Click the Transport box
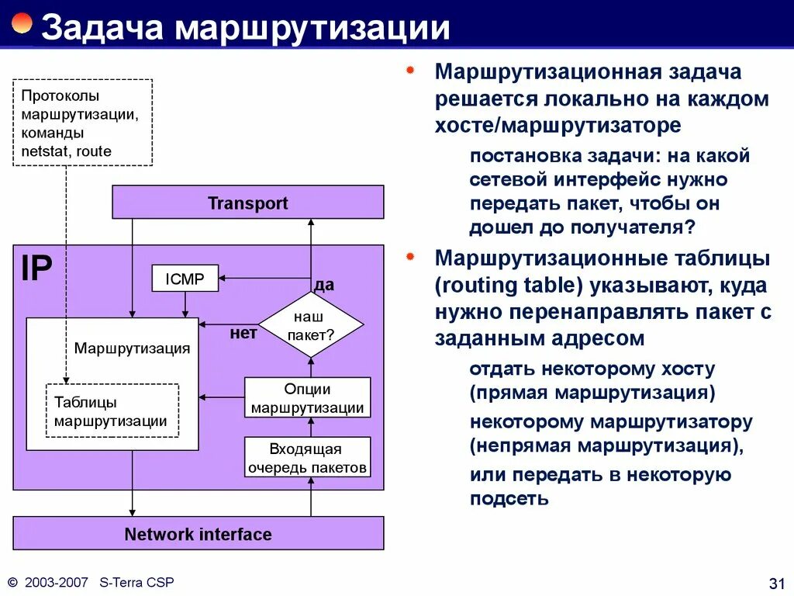click(x=247, y=203)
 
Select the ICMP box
click(x=184, y=279)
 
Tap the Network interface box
click(x=198, y=534)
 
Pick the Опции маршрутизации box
click(x=307, y=398)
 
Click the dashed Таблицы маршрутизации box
click(x=112, y=411)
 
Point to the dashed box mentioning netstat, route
click(x=82, y=123)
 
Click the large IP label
click(x=36, y=269)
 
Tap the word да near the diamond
click(x=324, y=285)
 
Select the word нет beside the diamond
click(x=243, y=334)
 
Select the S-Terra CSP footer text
click(x=136, y=581)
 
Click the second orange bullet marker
click(x=411, y=256)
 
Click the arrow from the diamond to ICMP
click(x=264, y=279)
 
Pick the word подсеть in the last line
click(x=509, y=499)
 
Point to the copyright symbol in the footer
click(x=12, y=582)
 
